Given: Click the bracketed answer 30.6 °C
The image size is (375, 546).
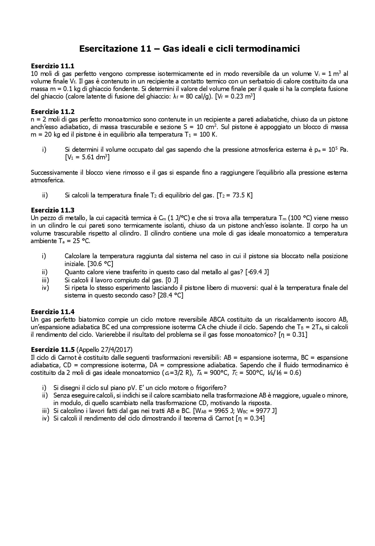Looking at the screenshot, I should click(100, 264).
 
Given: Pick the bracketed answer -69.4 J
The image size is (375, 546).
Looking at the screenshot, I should click(258, 272).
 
